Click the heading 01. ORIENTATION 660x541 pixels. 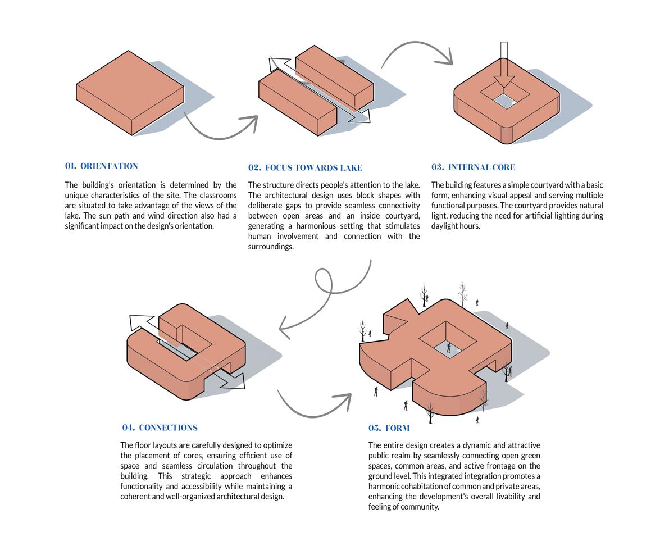point(101,166)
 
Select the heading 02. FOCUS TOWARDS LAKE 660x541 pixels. point(305,168)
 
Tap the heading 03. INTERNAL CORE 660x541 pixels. point(473,167)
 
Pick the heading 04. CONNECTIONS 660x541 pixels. point(160,428)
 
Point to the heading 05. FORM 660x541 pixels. point(389,429)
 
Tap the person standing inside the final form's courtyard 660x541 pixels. point(448,348)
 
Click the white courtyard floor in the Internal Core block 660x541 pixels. point(505,101)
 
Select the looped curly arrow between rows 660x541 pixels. point(326,292)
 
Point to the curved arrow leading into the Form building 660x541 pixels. point(315,407)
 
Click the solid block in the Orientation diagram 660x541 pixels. point(130,93)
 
